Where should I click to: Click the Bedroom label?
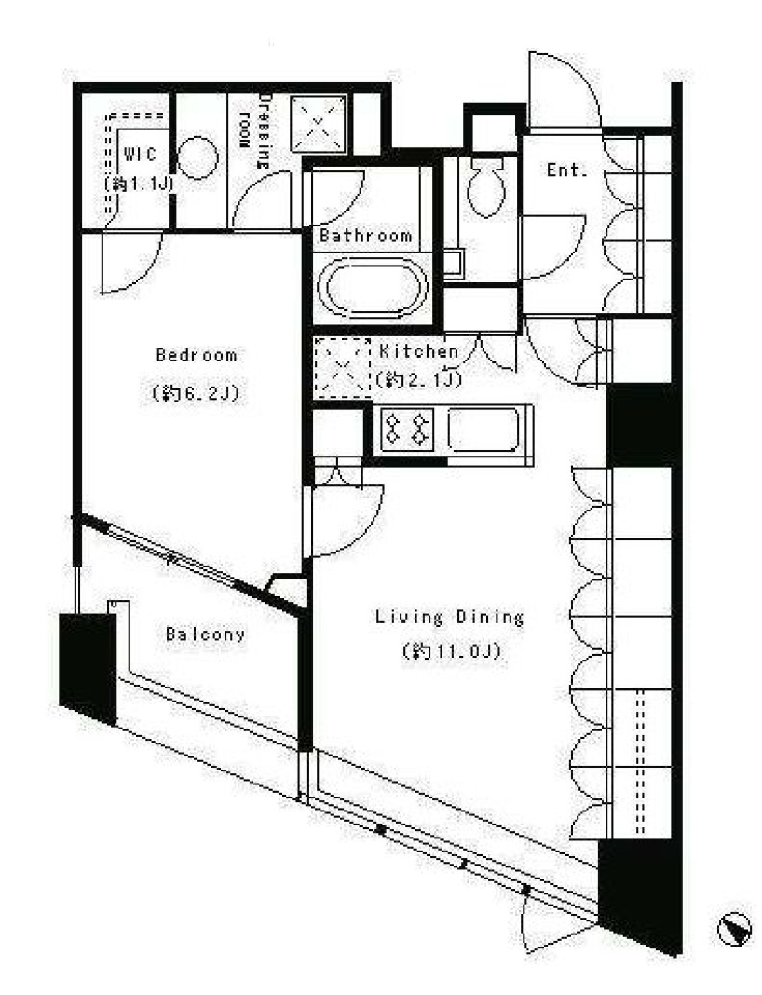196,355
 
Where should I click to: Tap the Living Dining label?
450,617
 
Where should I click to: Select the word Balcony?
206,634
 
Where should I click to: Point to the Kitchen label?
419,351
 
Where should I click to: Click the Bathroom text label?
365,236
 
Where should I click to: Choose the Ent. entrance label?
567,170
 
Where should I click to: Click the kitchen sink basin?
483,429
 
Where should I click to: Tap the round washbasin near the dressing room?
199,159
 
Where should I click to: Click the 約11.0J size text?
453,651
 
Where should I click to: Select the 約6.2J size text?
196,394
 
